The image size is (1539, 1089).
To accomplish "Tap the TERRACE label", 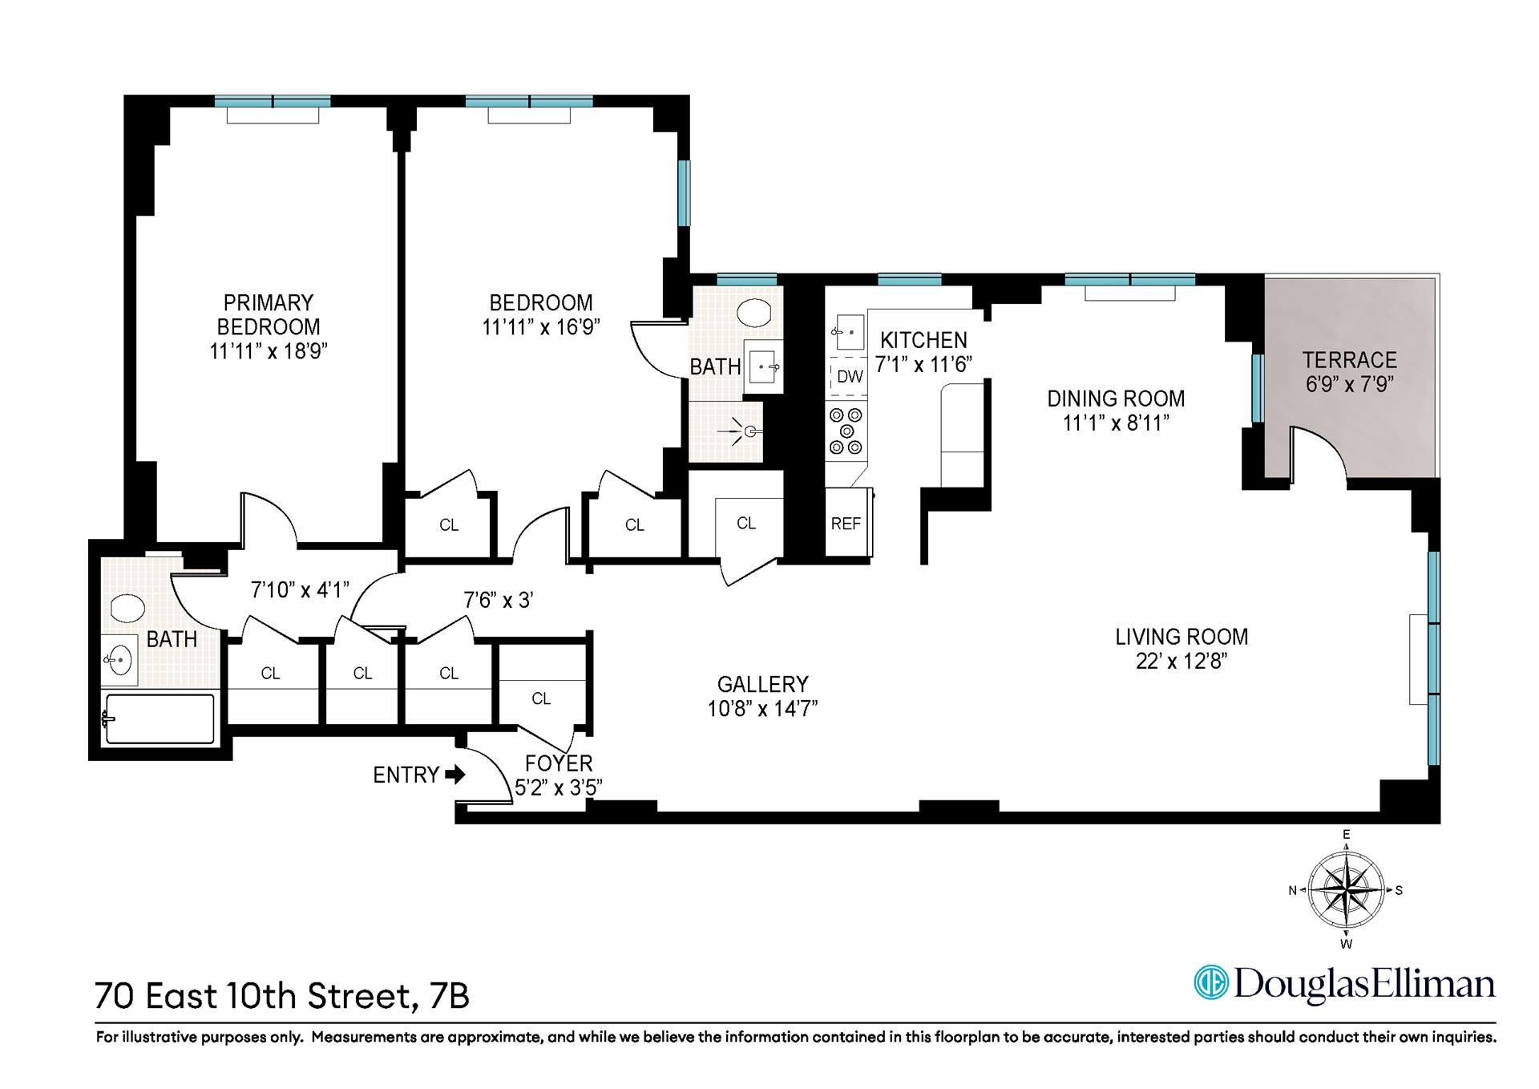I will coord(1349,360).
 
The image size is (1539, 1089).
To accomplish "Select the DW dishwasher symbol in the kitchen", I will coord(849,377).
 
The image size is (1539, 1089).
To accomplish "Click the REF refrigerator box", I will coord(846,524).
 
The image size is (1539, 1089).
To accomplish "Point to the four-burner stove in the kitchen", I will coord(846,431).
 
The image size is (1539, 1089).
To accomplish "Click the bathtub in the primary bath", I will coord(160,719).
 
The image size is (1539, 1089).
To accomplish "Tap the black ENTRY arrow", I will coord(455,775).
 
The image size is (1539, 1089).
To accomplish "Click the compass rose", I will coord(1346,890).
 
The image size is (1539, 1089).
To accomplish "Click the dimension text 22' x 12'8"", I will coord(1182,662).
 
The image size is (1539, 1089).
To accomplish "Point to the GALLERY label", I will coord(762,684).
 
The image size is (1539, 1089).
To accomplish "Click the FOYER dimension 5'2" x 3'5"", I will coord(558,788).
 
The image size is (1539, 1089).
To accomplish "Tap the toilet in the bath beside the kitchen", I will coord(753,312).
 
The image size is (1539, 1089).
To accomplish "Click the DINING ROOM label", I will coord(1116,399).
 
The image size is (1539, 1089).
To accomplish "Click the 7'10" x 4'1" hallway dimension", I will coord(300,590).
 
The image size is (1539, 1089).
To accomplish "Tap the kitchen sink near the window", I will coord(848,331).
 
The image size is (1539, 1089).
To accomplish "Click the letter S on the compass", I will coord(1399,890).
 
